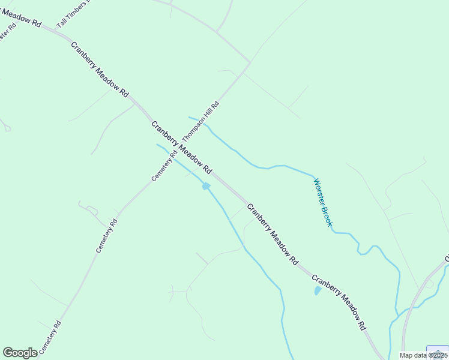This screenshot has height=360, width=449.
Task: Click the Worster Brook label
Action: pos(322,202)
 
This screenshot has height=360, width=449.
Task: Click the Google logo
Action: pos(20,353)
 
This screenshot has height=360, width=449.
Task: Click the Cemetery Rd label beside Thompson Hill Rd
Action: pos(164,165)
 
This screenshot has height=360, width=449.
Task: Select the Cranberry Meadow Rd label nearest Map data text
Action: pos(339,302)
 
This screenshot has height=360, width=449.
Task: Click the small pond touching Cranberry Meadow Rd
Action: pos(206,187)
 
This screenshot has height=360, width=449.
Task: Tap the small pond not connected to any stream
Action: pos(317,291)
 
